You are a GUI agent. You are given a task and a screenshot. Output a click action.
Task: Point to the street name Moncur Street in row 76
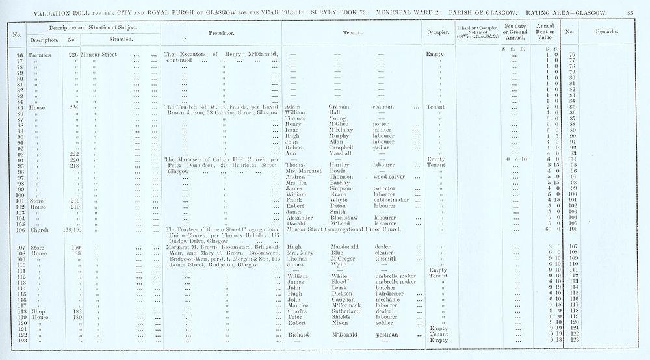pyautogui.click(x=99, y=55)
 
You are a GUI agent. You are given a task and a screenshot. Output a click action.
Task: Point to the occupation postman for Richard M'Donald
pyautogui.click(x=388, y=334)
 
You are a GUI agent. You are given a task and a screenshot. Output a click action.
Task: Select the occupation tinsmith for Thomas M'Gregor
pyautogui.click(x=388, y=259)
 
